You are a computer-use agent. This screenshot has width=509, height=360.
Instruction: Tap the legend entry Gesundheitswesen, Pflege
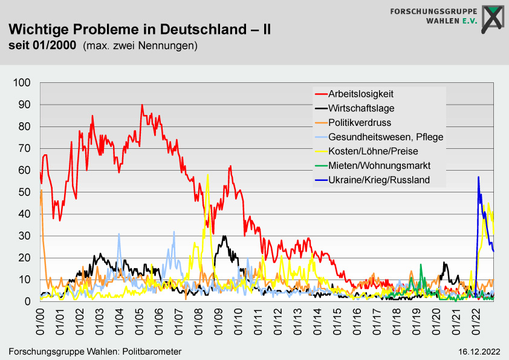(386, 137)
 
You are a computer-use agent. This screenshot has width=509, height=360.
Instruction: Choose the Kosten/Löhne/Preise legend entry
(373, 151)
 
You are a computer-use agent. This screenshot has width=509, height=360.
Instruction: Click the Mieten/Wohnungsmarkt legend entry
(379, 165)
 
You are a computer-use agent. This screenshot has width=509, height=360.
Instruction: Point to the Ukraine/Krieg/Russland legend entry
(379, 180)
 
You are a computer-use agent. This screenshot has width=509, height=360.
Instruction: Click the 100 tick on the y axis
(22, 83)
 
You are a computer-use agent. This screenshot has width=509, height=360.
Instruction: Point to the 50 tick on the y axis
(25, 192)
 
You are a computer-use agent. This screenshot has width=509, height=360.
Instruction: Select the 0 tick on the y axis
(27, 301)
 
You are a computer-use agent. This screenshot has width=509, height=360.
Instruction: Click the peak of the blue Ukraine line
(478, 177)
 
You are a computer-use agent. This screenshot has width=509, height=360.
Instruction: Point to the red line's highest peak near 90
(142, 105)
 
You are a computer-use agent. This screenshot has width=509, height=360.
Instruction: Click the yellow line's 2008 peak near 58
(207, 175)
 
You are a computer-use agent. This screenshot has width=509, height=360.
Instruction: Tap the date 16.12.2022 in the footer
(479, 352)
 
